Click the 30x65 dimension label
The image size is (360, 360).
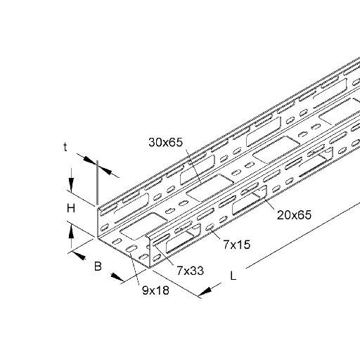coord(165,142)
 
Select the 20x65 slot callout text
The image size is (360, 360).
coord(294,215)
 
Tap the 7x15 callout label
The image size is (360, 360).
coord(236,245)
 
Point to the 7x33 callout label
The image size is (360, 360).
coord(190,271)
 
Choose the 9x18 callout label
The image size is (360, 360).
coord(155,290)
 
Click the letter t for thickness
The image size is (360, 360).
coord(65,147)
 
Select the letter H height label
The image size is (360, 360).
coord(71,208)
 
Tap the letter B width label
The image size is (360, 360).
coord(98,266)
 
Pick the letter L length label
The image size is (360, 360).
coord(233,276)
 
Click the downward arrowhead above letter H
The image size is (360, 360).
coord(71,185)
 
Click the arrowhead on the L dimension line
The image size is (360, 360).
coord(205,292)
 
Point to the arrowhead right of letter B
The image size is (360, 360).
coord(117,276)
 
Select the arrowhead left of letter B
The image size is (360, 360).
coord(79,255)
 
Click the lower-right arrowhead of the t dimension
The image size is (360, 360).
coord(105,170)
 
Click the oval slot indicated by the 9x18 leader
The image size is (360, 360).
coord(131,248)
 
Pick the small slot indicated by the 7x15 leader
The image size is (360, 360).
coord(209,227)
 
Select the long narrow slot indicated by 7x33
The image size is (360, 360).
coord(161,239)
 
